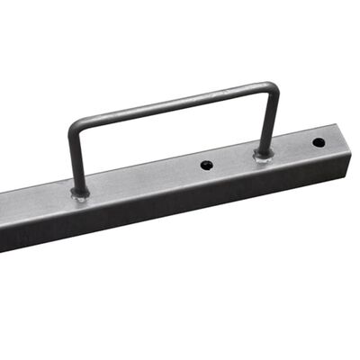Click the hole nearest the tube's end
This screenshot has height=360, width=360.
[x=319, y=142]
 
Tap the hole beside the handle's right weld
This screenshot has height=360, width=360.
[x=206, y=166]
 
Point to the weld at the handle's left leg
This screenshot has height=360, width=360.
[x=80, y=194]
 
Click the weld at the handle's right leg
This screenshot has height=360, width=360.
[x=263, y=156]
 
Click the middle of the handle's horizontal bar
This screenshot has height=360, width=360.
[x=171, y=101]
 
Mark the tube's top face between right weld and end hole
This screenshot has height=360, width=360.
[x=292, y=148]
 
